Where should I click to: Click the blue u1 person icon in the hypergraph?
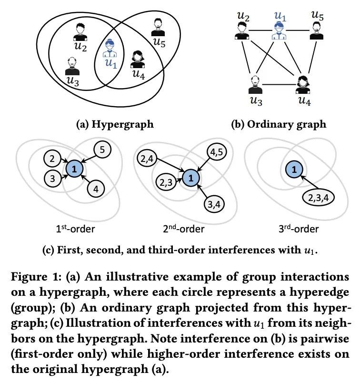(110, 48)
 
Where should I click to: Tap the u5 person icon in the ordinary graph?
(316, 30)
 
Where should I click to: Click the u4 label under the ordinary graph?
(304, 101)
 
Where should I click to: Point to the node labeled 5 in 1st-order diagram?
(102, 150)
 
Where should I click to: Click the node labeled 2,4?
(147, 159)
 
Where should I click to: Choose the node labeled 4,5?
(217, 152)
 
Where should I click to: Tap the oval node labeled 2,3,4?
(318, 198)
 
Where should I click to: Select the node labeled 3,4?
(214, 204)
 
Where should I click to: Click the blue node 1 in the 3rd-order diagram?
(294, 169)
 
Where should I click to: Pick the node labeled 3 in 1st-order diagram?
(52, 179)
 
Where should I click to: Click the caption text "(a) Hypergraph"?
(115, 124)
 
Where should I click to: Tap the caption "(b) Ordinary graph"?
(279, 124)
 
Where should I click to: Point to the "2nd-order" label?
(183, 229)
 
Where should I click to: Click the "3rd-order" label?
(299, 229)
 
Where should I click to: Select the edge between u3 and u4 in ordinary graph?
(279, 85)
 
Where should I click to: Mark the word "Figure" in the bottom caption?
(29, 277)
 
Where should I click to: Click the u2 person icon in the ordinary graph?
(241, 30)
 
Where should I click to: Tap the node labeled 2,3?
(166, 182)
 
